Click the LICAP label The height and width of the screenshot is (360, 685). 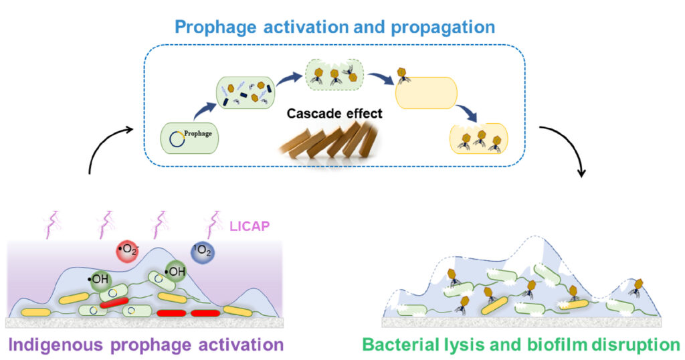click(250, 226)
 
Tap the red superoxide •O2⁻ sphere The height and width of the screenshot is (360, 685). click(127, 251)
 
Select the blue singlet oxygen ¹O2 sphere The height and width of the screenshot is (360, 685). click(203, 252)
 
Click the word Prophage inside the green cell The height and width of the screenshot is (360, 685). click(198, 133)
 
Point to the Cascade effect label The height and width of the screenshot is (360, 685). click(334, 114)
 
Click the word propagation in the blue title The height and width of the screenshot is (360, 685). click(443, 27)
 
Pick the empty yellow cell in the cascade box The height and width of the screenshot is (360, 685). click(426, 92)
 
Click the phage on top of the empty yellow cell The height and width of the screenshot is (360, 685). click(402, 75)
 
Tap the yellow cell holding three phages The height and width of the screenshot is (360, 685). click(479, 139)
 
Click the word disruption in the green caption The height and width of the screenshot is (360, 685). click(636, 345)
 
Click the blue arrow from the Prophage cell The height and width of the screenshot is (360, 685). click(205, 110)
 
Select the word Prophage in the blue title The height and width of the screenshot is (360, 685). click(216, 27)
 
